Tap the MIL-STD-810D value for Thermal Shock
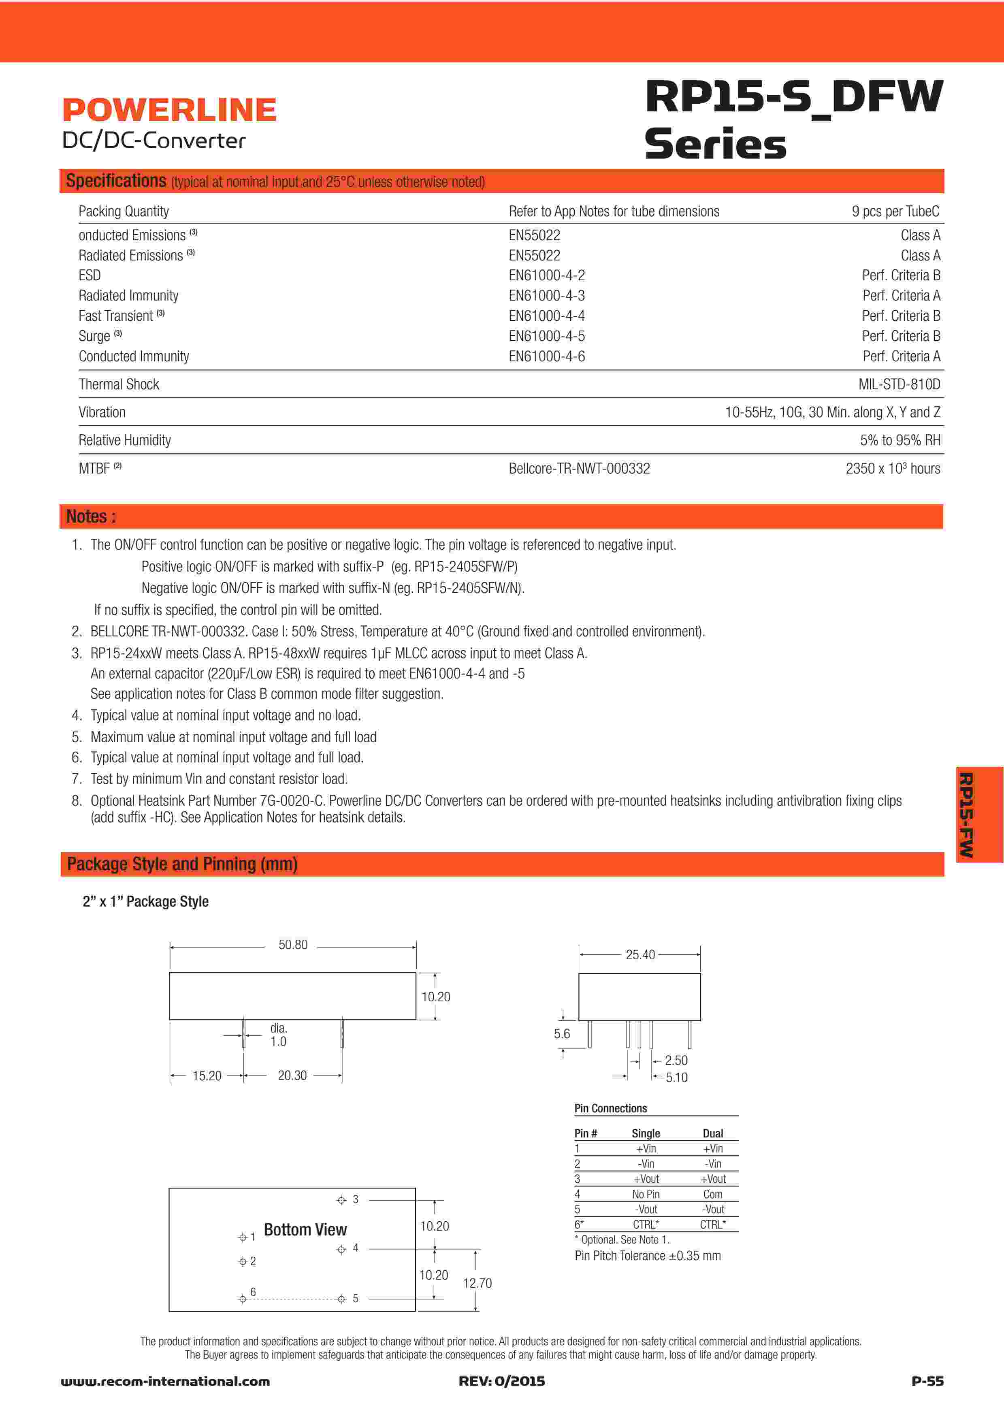[x=899, y=384]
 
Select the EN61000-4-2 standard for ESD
[x=546, y=275]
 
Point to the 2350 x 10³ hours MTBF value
[x=892, y=469]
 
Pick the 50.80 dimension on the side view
[x=292, y=945]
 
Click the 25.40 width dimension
[x=639, y=955]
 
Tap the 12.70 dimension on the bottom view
[x=477, y=1283]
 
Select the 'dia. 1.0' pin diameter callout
[x=278, y=1035]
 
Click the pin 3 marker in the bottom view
[x=341, y=1200]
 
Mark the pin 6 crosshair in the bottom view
[x=243, y=1299]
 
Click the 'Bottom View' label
[x=305, y=1230]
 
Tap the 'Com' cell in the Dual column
[x=713, y=1195]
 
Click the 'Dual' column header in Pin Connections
[x=713, y=1134]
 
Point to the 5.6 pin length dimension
[x=562, y=1034]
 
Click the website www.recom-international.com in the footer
[x=165, y=1381]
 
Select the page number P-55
[x=927, y=1381]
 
